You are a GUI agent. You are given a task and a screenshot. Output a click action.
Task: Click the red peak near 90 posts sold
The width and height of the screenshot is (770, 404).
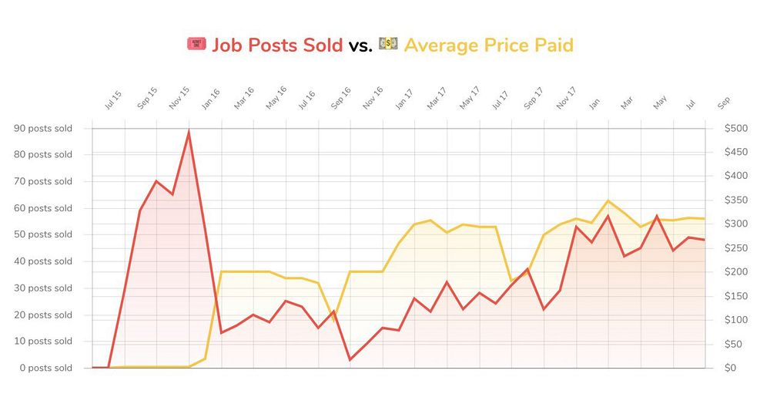(x=189, y=132)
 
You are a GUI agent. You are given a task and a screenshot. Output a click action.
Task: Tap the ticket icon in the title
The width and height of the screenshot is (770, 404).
(x=196, y=45)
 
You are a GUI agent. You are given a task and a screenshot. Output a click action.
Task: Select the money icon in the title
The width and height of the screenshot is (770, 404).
(x=388, y=45)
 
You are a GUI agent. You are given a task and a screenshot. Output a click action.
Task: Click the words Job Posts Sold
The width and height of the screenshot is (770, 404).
(x=277, y=45)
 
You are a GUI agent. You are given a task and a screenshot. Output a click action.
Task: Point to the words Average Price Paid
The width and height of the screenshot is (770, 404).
(x=488, y=45)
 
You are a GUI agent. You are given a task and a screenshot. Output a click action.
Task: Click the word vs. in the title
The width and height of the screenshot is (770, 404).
(x=360, y=45)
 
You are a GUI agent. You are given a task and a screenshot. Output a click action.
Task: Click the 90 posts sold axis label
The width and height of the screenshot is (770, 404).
(x=43, y=128)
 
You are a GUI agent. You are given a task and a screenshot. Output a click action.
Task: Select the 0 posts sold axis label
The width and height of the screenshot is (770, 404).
(x=45, y=368)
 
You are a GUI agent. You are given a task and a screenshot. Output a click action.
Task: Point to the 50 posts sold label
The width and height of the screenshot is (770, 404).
(x=43, y=234)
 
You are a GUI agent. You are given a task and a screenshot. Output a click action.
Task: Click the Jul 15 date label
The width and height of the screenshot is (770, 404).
(x=113, y=101)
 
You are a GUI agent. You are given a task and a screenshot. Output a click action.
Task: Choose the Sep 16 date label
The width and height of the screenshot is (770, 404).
(x=340, y=99)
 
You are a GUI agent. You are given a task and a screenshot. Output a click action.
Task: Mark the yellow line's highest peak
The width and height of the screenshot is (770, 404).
(x=608, y=200)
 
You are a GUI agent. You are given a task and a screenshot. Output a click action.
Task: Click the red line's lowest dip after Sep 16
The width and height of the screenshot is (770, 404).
(x=350, y=359)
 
